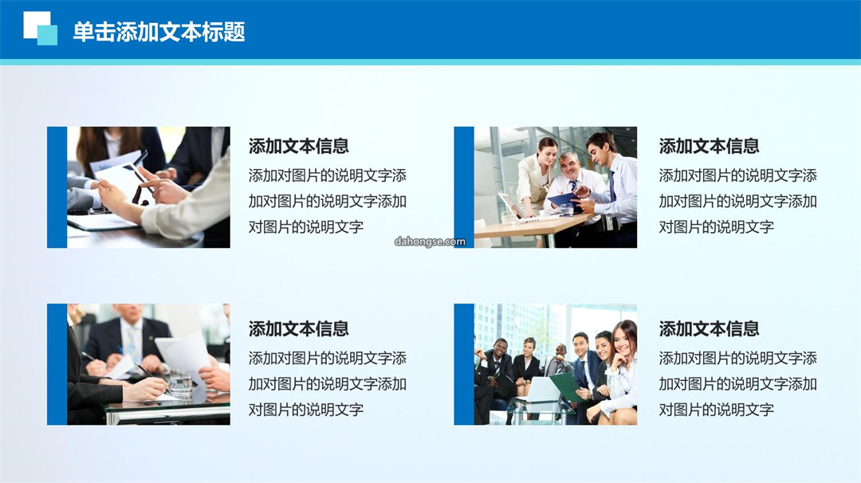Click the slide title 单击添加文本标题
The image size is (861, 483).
coord(159,32)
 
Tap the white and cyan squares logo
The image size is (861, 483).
coord(40,28)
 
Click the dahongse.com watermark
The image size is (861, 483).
coord(430,241)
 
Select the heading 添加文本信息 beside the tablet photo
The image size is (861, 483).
coord(298,146)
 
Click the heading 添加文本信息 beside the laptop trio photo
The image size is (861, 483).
coord(709,146)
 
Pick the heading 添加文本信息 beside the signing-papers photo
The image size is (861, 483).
coord(298,328)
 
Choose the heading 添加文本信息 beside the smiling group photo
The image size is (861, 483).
coord(709,328)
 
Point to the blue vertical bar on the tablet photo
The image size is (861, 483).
coord(57,187)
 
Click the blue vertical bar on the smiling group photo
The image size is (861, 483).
coord(464,364)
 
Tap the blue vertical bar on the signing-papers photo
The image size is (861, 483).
coord(57,364)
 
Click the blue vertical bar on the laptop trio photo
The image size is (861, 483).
coord(464,187)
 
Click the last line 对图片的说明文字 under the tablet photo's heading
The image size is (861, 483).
coord(306,226)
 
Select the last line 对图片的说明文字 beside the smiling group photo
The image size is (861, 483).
coord(717,410)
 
